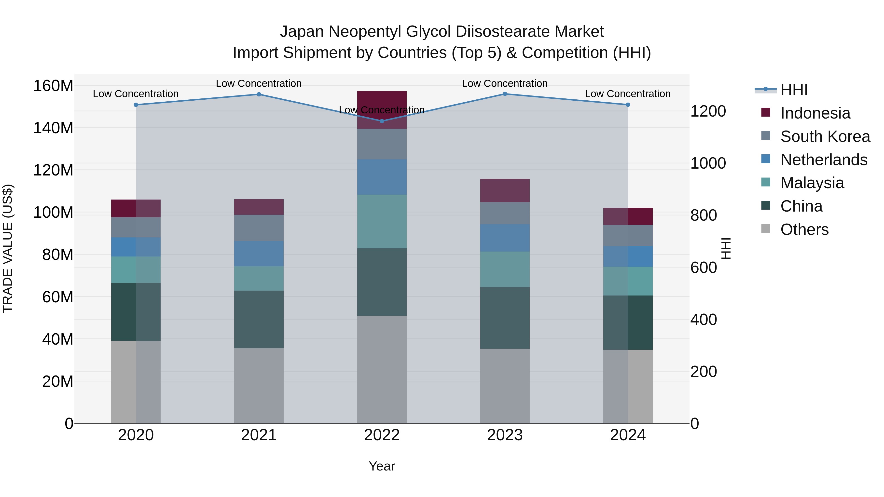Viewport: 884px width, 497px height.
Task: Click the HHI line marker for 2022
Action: [382, 121]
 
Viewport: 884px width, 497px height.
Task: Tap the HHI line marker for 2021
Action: [259, 94]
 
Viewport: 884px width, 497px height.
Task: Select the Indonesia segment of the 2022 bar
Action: [382, 110]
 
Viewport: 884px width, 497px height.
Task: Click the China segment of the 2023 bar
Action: [505, 318]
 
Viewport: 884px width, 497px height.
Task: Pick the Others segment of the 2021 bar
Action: [259, 386]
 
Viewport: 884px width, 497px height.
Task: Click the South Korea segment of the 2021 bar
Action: [259, 228]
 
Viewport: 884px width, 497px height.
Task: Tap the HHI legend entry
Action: [793, 90]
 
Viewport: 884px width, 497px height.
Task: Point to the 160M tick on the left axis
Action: [53, 86]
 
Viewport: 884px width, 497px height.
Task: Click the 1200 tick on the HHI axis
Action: [708, 111]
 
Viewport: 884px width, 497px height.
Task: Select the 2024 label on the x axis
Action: [628, 435]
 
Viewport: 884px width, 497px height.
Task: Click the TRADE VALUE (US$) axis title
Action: [8, 248]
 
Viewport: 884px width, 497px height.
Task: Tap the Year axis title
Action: [382, 466]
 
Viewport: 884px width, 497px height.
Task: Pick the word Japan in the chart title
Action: [302, 32]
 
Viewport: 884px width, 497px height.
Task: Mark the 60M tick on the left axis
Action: [58, 297]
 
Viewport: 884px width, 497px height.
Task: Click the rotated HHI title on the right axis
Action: [726, 248]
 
